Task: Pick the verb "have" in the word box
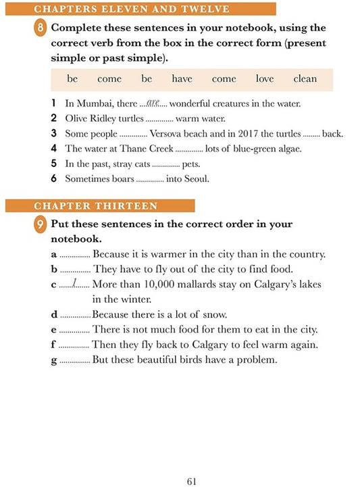[x=182, y=79]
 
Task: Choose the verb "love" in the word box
[x=265, y=79]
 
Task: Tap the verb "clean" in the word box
[x=305, y=79]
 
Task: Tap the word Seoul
[x=196, y=179]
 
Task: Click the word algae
[x=287, y=149]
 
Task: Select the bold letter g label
[x=54, y=360]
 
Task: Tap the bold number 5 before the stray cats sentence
[x=53, y=164]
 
